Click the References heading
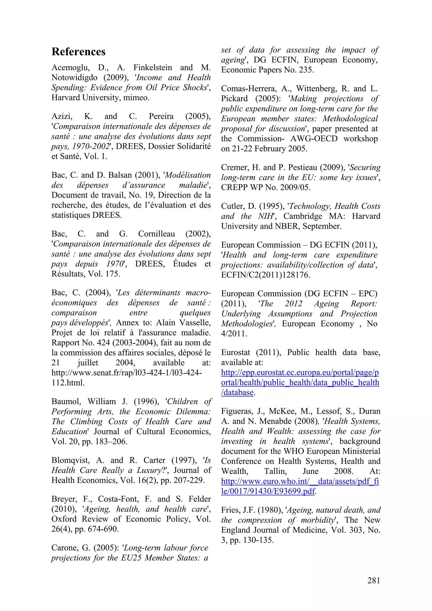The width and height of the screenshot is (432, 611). click(78, 52)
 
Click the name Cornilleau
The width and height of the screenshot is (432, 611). click(156, 234)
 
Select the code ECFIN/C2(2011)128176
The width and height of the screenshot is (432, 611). click(265, 275)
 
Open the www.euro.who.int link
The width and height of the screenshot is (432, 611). click(300, 481)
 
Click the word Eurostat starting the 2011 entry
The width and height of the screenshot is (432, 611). click(235, 353)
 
